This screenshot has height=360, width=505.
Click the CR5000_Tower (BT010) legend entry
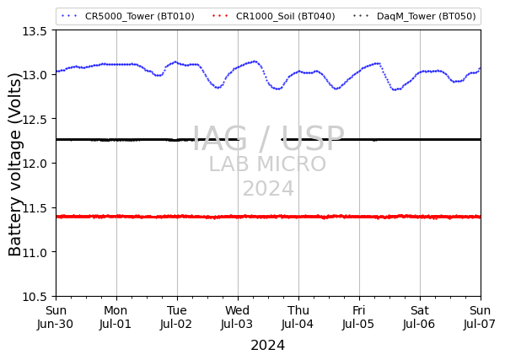[x=128, y=16]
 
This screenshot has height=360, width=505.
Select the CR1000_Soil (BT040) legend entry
[x=274, y=16]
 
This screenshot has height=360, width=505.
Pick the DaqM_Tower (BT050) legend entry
[x=414, y=16]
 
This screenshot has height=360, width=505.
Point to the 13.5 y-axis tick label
[x=35, y=31]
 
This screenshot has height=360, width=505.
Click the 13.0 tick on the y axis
[x=35, y=75]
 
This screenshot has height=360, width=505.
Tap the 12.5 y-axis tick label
[x=35, y=119]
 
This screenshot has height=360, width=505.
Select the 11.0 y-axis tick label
[x=35, y=252]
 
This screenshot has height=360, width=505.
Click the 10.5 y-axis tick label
[x=35, y=297]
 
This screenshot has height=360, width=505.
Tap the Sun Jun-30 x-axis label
[x=56, y=317]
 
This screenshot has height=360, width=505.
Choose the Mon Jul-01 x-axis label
[x=116, y=317]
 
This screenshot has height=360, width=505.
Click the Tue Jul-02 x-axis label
[x=176, y=317]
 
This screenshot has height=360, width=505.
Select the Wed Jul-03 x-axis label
[x=238, y=317]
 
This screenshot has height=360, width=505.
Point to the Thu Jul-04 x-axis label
[x=298, y=317]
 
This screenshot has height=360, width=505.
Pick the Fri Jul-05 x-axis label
[x=359, y=317]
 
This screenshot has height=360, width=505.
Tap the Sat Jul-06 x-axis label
[x=420, y=317]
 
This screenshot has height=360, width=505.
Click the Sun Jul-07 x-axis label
[x=480, y=317]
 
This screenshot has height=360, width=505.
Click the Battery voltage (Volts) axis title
[x=14, y=164]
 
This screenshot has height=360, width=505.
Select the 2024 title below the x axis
[x=268, y=346]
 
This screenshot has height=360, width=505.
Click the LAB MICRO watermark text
[x=267, y=164]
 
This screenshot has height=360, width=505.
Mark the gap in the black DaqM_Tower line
[x=261, y=139]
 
